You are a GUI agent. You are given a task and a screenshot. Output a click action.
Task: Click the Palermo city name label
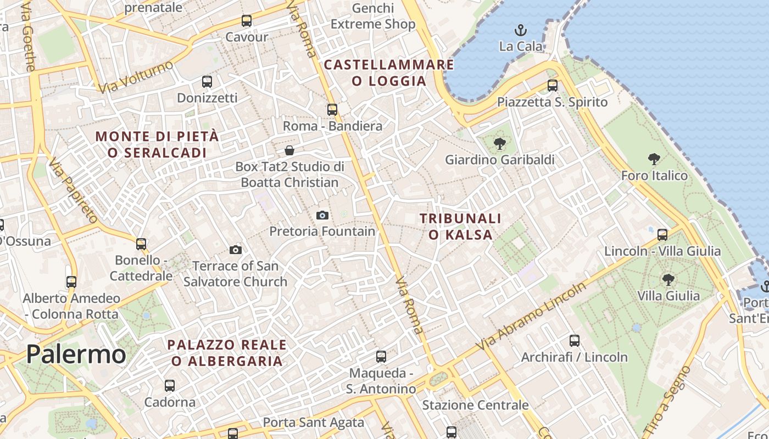(76, 354)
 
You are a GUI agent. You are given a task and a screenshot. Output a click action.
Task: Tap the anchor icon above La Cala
(520, 30)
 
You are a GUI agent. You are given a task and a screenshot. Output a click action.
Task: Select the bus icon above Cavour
(247, 21)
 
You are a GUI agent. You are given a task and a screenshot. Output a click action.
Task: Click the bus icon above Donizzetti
(207, 82)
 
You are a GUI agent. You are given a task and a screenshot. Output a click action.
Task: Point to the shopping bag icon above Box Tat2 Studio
(289, 150)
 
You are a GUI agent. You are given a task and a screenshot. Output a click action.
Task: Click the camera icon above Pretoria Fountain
(322, 215)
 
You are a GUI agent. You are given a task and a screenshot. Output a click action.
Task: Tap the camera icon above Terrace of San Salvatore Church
(236, 250)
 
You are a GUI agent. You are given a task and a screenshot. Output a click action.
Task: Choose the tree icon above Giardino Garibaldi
(499, 144)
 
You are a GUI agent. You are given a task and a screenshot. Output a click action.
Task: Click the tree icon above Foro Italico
(654, 159)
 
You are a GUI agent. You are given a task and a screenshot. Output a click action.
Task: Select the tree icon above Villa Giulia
(668, 280)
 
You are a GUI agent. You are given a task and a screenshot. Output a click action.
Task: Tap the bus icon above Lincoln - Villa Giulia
(662, 235)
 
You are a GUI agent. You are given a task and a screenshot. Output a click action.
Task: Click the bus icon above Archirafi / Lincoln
(575, 341)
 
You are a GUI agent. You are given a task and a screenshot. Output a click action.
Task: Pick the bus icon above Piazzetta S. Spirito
(553, 86)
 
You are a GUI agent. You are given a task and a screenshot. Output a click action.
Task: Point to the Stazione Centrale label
(475, 406)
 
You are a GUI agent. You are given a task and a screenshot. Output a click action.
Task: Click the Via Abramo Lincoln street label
(531, 317)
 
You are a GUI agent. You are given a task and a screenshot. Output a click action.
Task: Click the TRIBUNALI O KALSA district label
(460, 227)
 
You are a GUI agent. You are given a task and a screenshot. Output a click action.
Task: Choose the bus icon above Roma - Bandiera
(332, 110)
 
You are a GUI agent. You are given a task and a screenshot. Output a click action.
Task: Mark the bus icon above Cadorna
(170, 386)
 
